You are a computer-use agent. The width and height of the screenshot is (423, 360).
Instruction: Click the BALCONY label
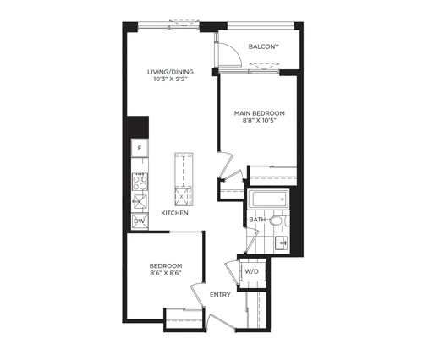pyautogui.click(x=263, y=46)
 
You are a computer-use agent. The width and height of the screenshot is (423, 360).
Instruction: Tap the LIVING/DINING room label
pyautogui.click(x=170, y=72)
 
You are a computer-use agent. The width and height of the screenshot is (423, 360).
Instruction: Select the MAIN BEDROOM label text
pyautogui.click(x=260, y=113)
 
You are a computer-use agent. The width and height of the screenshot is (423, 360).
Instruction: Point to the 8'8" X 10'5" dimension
pyautogui.click(x=260, y=121)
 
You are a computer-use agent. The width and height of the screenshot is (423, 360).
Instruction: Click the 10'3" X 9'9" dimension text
pyautogui.click(x=170, y=79)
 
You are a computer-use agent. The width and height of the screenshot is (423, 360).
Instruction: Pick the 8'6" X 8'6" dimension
pyautogui.click(x=166, y=273)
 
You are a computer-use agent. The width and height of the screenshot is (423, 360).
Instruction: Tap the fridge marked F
pyautogui.click(x=140, y=148)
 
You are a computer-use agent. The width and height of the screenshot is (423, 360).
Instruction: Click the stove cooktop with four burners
pyautogui.click(x=140, y=182)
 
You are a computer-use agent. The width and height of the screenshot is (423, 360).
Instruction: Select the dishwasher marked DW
pyautogui.click(x=140, y=221)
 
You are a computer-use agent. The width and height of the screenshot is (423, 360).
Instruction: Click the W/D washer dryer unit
pyautogui.click(x=251, y=271)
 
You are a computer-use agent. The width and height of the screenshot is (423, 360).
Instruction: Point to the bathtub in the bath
pyautogui.click(x=268, y=199)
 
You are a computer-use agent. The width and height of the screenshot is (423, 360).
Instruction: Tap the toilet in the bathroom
pyautogui.click(x=279, y=221)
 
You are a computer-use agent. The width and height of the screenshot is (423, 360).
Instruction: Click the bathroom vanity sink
pyautogui.click(x=282, y=243)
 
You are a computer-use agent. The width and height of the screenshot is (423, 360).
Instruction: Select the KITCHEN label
pyautogui.click(x=174, y=213)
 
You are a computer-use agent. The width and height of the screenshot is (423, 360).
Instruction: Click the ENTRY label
pyautogui.click(x=220, y=295)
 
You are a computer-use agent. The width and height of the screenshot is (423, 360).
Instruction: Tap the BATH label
pyautogui.click(x=257, y=220)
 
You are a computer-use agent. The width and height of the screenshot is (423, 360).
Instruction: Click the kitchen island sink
pyautogui.click(x=181, y=196)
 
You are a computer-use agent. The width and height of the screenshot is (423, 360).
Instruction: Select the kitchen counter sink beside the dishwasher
pyautogui.click(x=140, y=201)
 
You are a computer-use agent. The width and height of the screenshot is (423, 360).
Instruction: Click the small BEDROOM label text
pyautogui.click(x=166, y=265)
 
